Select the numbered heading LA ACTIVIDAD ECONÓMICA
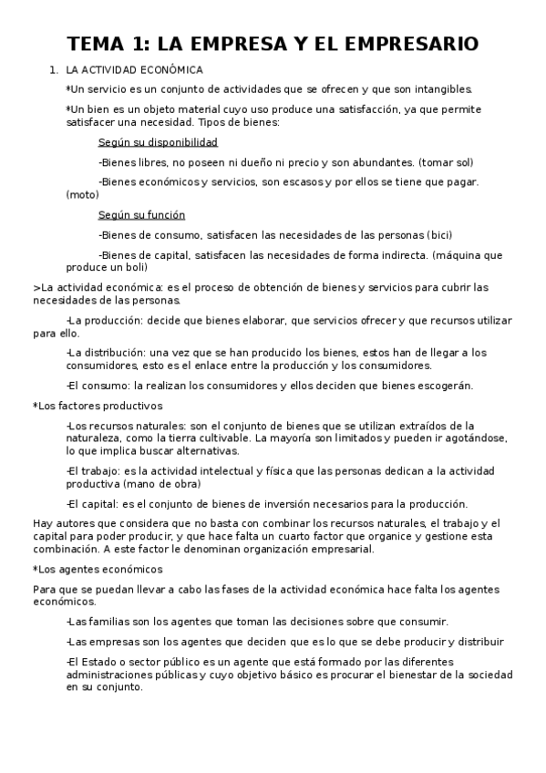pos(135,70)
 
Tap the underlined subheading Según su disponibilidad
pos(158,143)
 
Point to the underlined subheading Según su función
pos(142,215)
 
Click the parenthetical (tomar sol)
pos(446,162)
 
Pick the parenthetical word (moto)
pos(82,194)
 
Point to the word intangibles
pos(441,89)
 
